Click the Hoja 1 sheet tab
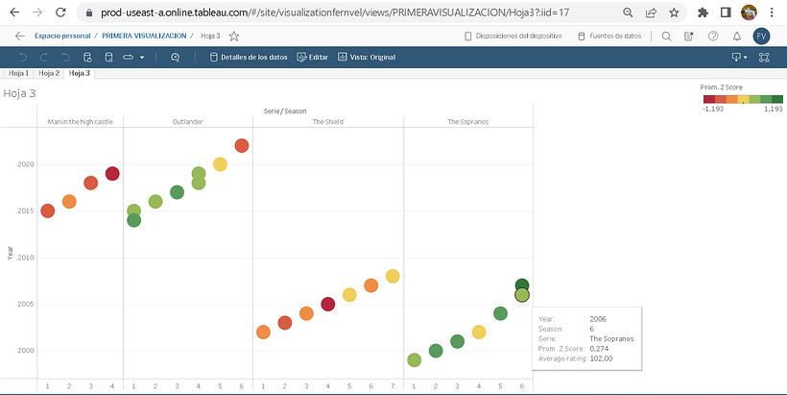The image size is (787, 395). [18, 73]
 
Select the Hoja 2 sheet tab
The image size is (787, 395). [49, 73]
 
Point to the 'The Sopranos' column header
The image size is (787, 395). [467, 122]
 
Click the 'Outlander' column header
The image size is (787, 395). [187, 122]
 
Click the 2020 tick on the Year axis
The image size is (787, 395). [25, 164]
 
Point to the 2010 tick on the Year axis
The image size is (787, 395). [25, 258]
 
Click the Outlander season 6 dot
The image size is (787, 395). [242, 145]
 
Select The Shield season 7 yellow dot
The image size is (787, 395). [393, 276]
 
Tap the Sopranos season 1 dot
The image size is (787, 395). [414, 360]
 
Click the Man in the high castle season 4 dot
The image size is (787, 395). [112, 174]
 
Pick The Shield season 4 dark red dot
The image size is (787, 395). [327, 304]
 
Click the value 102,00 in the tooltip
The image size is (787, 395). [601, 358]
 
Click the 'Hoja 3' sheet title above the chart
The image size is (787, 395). [19, 94]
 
